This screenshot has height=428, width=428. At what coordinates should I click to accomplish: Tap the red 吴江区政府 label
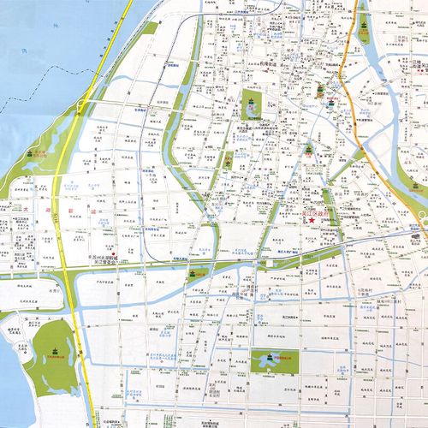(x=323, y=213)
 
